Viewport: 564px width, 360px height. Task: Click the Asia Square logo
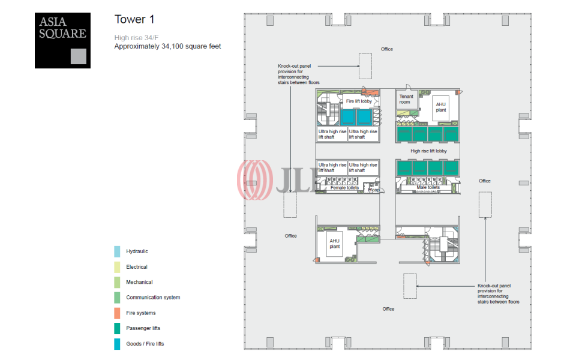(x=62, y=41)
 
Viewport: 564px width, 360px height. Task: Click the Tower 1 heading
(x=130, y=19)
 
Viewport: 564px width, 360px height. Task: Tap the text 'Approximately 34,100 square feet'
(x=167, y=46)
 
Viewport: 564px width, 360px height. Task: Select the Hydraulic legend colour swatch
(x=118, y=251)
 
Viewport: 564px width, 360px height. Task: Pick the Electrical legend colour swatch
(x=118, y=267)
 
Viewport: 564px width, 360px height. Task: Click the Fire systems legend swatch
(x=118, y=313)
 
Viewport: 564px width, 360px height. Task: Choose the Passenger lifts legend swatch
(x=118, y=328)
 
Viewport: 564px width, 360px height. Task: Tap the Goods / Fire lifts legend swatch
(x=118, y=344)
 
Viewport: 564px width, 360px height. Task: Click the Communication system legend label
(x=152, y=298)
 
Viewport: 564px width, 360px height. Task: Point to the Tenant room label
(x=406, y=99)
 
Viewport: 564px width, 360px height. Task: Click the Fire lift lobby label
(x=358, y=101)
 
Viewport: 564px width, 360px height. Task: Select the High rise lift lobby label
(x=428, y=151)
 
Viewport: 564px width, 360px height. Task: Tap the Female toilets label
(x=344, y=188)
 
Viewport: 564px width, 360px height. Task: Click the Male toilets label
(x=428, y=188)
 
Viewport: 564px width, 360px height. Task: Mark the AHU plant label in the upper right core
(x=440, y=107)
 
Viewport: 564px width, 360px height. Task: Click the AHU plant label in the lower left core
(x=334, y=244)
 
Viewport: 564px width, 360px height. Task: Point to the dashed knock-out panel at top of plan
(x=365, y=66)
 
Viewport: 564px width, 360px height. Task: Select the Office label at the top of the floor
(x=387, y=49)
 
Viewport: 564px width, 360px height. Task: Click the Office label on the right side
(x=484, y=181)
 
